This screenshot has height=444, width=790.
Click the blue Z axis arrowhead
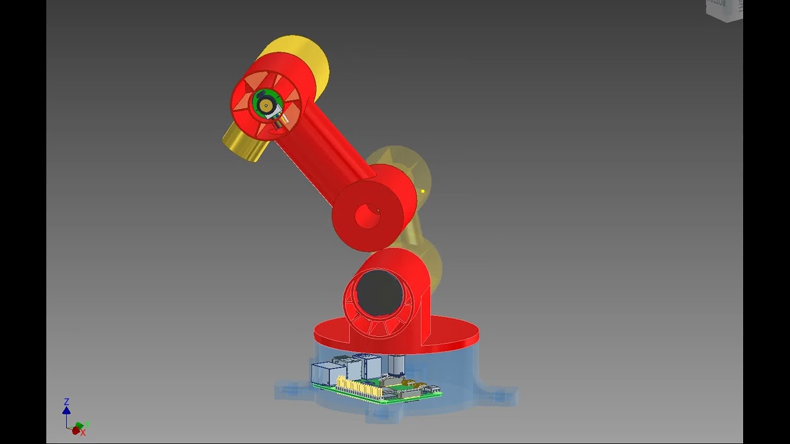tap(66, 411)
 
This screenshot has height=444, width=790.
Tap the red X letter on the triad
tap(83, 433)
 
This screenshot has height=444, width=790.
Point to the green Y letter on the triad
tap(88, 425)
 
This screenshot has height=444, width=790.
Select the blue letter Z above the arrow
tap(67, 402)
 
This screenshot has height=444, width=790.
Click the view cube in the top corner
tap(724, 9)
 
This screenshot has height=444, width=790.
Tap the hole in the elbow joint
tap(367, 216)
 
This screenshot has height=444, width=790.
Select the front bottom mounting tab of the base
tap(383, 415)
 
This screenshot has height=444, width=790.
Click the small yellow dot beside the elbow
tap(423, 191)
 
